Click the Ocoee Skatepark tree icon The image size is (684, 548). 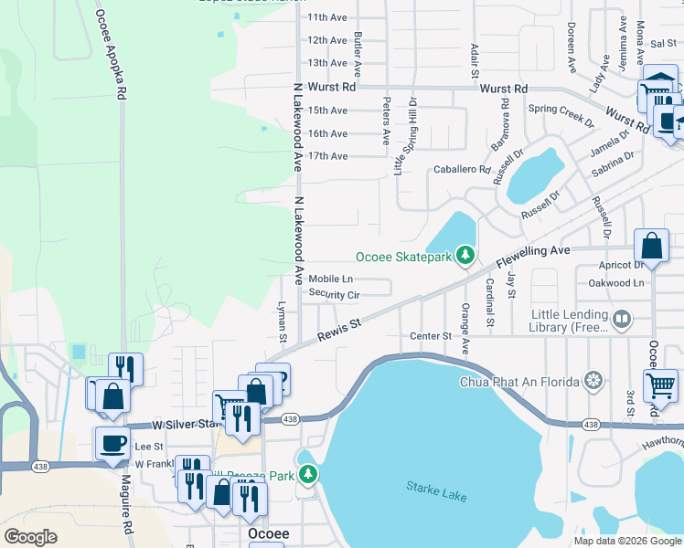(465, 255)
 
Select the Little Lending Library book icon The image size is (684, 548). (622, 319)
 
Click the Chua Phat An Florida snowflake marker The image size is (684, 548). (594, 380)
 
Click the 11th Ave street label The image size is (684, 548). (327, 17)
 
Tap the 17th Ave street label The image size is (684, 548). (327, 156)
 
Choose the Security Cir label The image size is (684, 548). (334, 293)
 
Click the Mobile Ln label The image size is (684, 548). (330, 279)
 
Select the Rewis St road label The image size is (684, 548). (340, 330)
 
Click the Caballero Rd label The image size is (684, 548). (463, 170)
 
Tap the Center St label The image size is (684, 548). (431, 336)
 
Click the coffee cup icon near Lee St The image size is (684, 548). (113, 443)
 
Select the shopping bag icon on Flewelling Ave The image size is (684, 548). (651, 245)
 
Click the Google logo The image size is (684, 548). (30, 537)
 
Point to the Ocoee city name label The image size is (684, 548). (268, 533)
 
